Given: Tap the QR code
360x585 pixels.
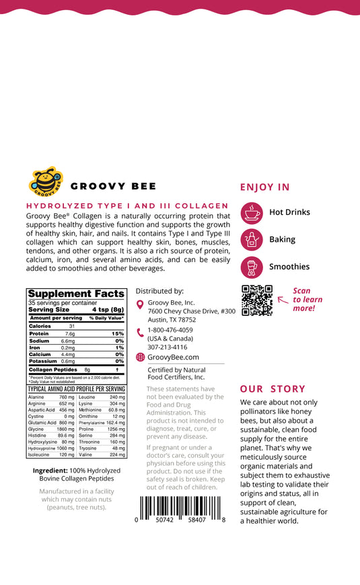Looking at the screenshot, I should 256,300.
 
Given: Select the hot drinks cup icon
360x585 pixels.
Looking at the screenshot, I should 252,212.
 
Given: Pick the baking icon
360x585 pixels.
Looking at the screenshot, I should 252,240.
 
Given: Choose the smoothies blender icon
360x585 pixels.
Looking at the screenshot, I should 252,267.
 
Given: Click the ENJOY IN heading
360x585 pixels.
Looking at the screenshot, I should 265,187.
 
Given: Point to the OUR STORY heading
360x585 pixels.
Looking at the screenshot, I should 273,389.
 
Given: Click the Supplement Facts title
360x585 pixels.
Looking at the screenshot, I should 76,294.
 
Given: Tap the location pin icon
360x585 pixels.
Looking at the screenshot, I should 140,305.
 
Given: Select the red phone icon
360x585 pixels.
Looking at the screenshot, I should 140,332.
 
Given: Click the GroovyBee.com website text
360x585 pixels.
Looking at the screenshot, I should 173,357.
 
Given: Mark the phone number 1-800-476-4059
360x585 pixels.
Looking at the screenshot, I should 170,330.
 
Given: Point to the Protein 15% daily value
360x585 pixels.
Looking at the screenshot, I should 118,334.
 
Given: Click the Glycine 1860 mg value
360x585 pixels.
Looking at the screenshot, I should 66,429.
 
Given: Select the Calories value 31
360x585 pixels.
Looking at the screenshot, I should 72,326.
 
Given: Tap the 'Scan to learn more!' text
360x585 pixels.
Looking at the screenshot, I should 308,300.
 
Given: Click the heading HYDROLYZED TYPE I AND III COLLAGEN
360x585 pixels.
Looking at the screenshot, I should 127,206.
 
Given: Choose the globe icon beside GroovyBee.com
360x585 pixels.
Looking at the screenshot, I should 140,357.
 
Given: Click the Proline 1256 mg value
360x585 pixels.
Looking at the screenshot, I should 116,429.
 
